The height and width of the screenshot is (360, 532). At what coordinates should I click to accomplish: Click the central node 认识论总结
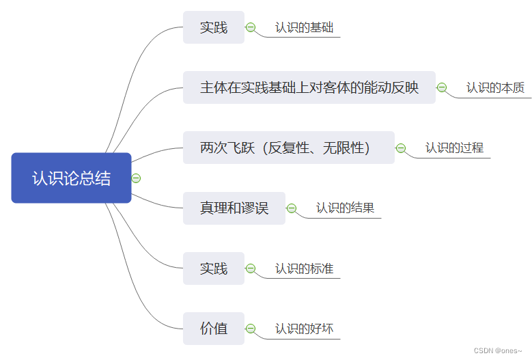(x=71, y=178)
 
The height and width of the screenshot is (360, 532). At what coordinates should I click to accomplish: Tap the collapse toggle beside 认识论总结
(x=136, y=178)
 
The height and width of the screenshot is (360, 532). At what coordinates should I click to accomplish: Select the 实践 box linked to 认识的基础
(x=213, y=28)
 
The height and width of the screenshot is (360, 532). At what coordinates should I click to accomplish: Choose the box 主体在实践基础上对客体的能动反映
(x=309, y=88)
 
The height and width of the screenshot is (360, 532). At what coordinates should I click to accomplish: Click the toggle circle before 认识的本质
(x=442, y=87)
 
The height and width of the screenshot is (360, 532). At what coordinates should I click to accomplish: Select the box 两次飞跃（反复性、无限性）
(x=288, y=148)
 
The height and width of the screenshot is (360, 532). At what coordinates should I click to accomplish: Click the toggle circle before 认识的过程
(x=401, y=148)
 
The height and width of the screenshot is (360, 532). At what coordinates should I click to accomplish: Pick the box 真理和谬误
(x=234, y=208)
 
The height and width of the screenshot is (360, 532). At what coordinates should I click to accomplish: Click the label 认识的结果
(x=345, y=208)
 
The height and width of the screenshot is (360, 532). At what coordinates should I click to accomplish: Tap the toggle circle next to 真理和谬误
(x=292, y=208)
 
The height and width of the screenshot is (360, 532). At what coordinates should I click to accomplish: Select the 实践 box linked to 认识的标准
(x=213, y=268)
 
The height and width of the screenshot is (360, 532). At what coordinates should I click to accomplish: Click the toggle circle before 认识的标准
(x=251, y=268)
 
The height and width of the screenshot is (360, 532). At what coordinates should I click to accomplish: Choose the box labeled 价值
(x=213, y=329)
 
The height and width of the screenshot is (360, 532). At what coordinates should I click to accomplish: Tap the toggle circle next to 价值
(x=251, y=329)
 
